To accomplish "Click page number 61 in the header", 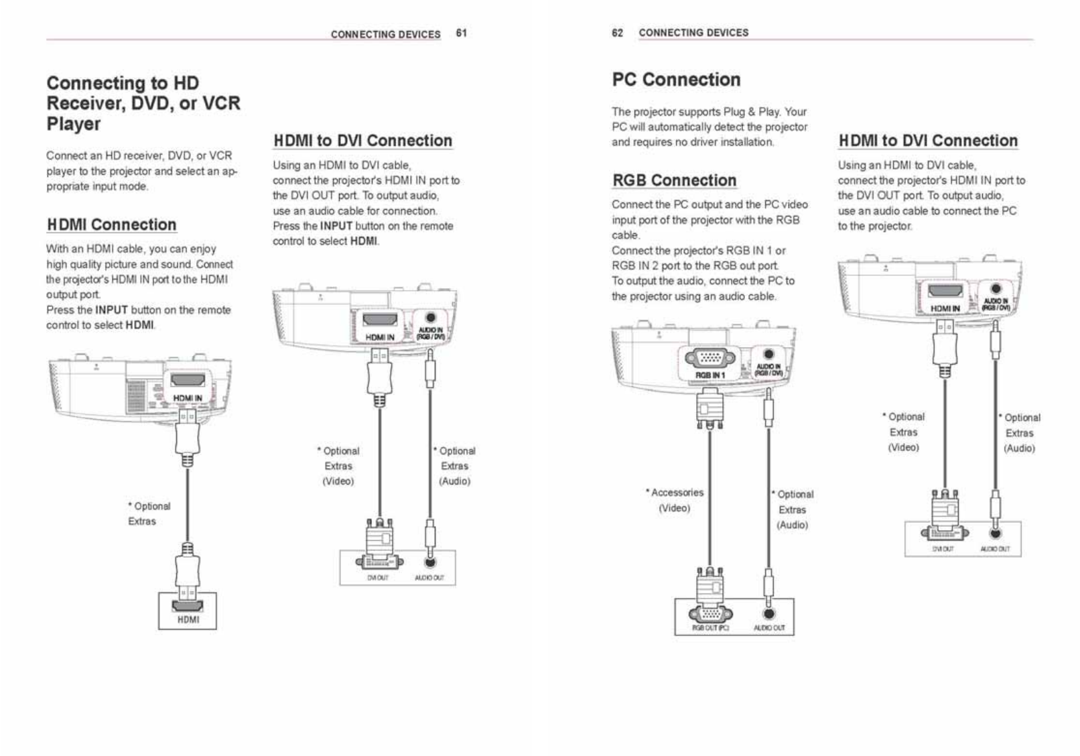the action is click(461, 34).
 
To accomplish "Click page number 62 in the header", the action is click(617, 33).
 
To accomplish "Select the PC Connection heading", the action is click(676, 80).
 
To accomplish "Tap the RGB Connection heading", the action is click(674, 180).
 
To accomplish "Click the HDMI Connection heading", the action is click(111, 225).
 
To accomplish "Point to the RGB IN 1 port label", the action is click(710, 375).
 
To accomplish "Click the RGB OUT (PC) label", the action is click(710, 629).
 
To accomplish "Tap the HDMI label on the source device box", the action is click(188, 620).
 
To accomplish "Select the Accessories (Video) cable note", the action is click(675, 500).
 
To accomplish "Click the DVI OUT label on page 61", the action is click(378, 578).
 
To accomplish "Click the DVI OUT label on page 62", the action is click(943, 549).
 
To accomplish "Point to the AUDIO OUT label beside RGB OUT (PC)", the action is click(769, 629).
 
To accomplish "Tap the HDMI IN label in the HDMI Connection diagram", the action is click(188, 398).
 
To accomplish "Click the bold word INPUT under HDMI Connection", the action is click(111, 310).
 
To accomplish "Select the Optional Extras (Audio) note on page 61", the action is click(455, 466).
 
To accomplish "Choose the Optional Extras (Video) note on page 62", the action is click(904, 432).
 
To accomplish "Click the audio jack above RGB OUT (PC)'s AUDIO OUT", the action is click(769, 613).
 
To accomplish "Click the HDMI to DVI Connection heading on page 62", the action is click(928, 141).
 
